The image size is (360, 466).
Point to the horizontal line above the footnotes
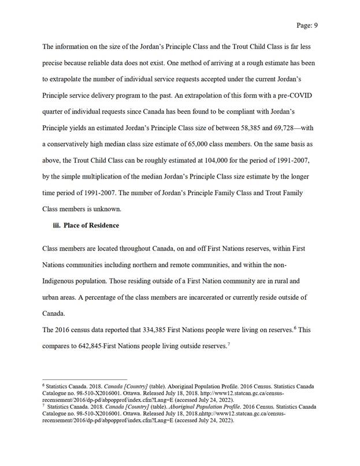pos(86,379)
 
